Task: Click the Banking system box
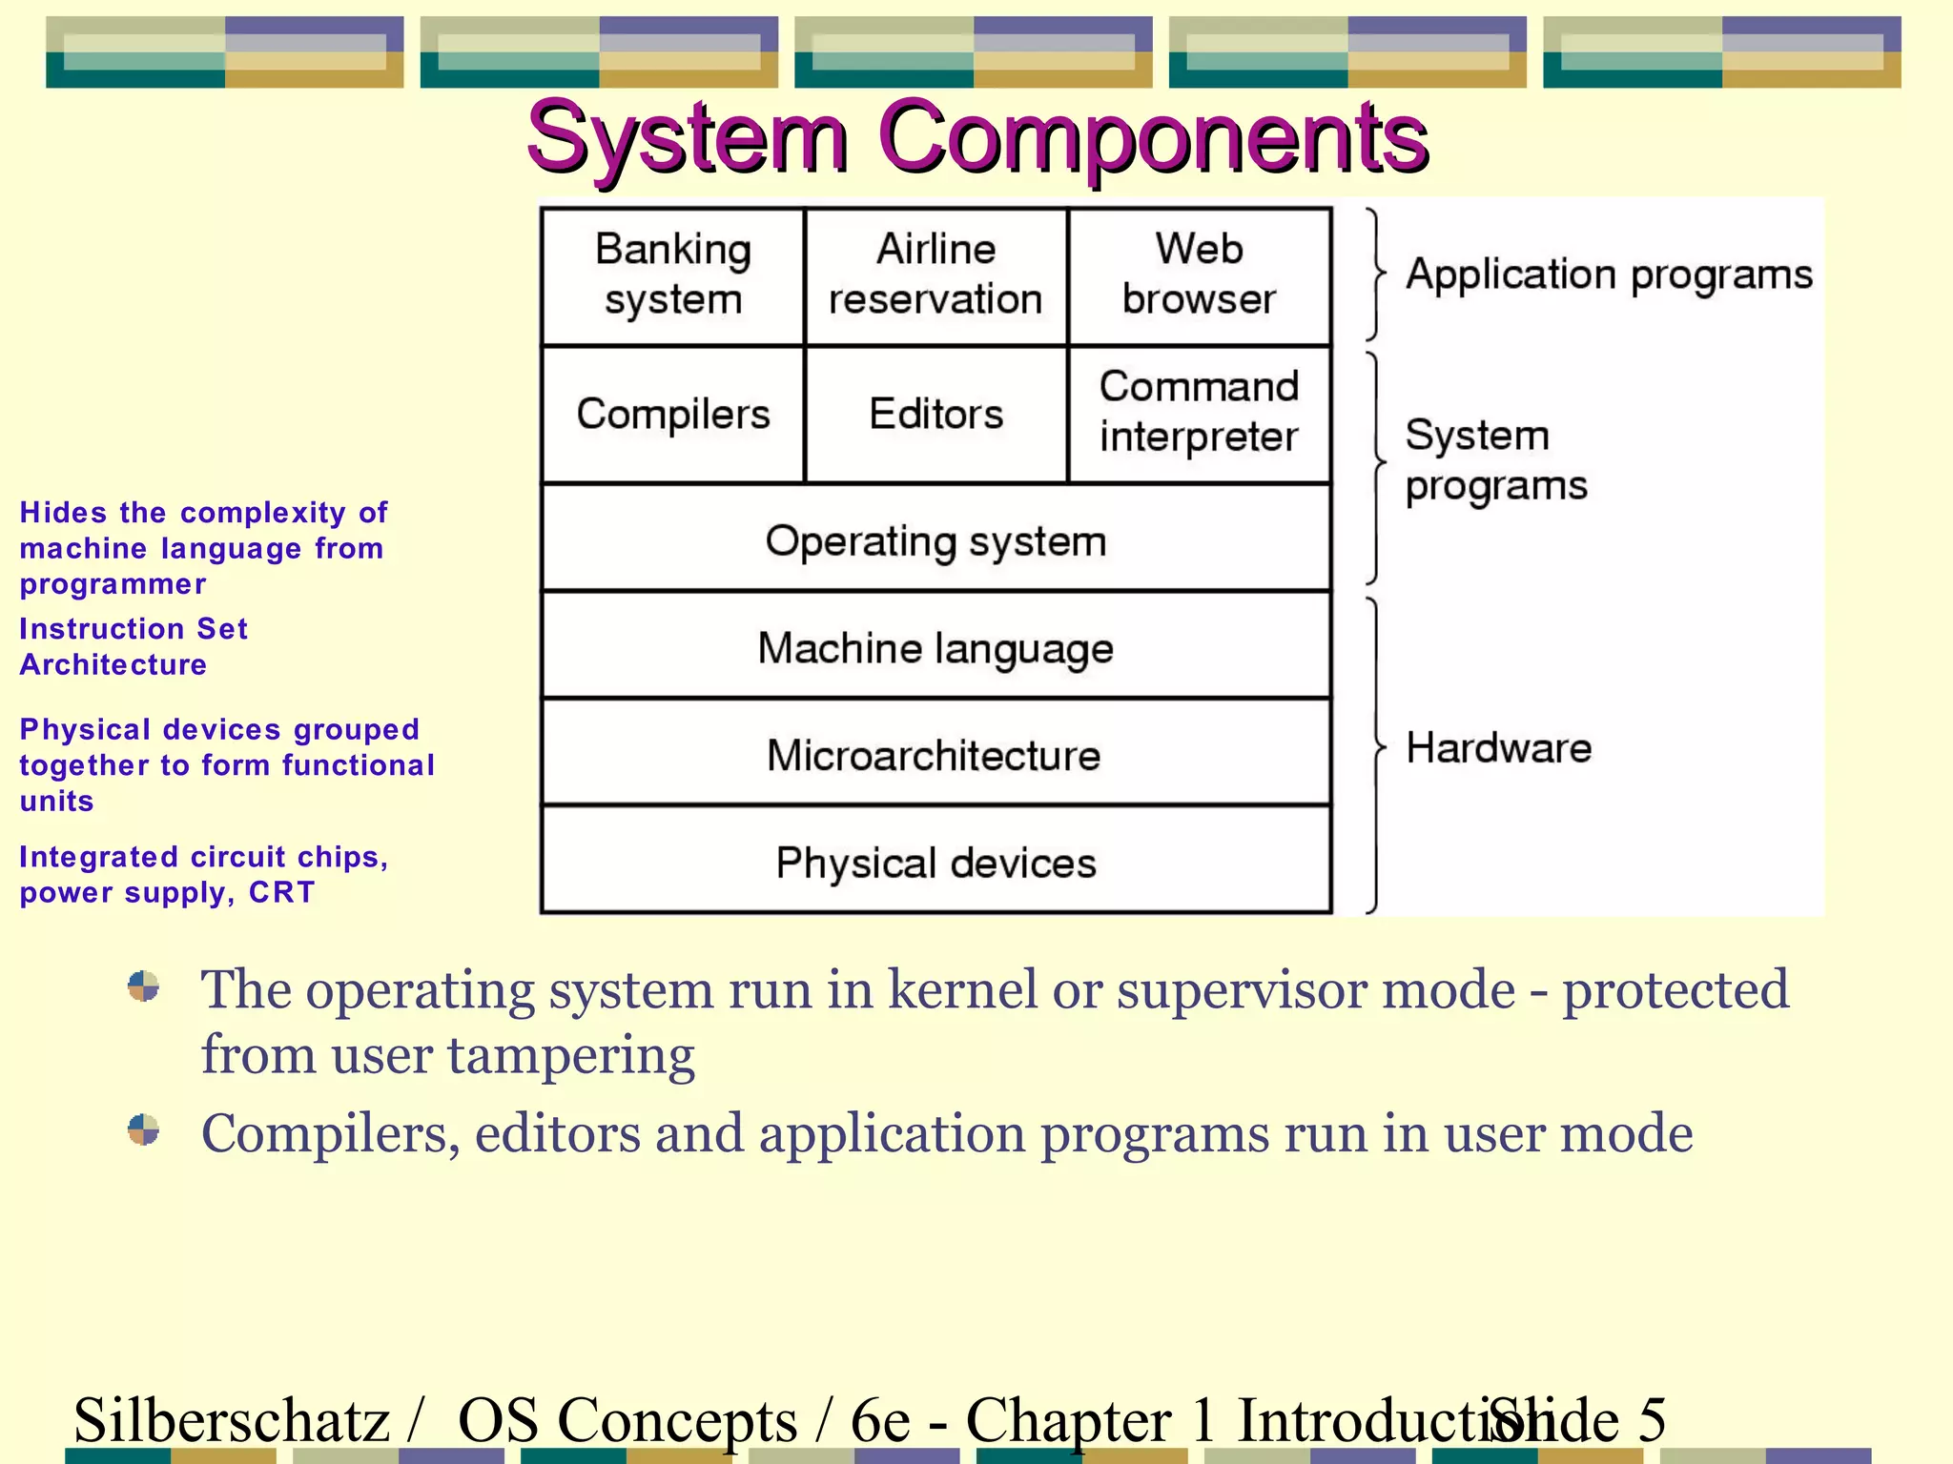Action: click(x=672, y=275)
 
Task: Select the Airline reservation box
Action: click(x=935, y=275)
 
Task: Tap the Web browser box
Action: click(x=1199, y=275)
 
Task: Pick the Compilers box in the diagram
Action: click(x=672, y=415)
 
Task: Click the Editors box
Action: click(x=935, y=415)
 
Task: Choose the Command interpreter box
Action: click(x=1199, y=413)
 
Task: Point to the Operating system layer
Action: click(x=935, y=541)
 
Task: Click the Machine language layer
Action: click(x=935, y=648)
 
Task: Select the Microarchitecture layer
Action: click(x=935, y=755)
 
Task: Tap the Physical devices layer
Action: click(x=935, y=863)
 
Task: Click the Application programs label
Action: click(x=1609, y=275)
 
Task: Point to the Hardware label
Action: click(x=1498, y=748)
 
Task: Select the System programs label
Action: click(x=1495, y=460)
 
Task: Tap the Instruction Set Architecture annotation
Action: click(x=134, y=646)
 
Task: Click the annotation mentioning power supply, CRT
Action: click(x=202, y=874)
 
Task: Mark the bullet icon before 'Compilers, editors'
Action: click(x=143, y=1130)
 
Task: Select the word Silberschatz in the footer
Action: click(x=232, y=1420)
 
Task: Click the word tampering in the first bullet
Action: click(x=570, y=1056)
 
